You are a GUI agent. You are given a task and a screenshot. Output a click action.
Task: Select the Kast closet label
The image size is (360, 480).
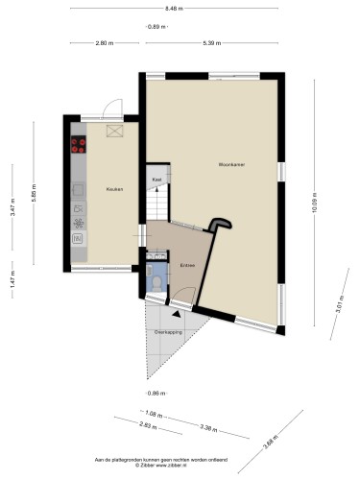click(156, 179)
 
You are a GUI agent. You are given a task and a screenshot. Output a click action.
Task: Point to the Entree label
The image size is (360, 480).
click(187, 264)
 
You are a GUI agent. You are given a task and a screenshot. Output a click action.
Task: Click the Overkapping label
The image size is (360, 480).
click(168, 331)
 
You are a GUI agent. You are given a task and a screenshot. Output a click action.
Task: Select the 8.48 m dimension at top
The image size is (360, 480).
click(174, 9)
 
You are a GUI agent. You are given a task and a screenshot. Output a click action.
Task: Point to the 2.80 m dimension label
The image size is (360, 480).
click(105, 43)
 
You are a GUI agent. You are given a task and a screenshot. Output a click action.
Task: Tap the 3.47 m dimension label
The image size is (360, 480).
click(12, 218)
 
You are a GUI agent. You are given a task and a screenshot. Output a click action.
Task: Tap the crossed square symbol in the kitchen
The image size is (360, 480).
click(115, 132)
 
